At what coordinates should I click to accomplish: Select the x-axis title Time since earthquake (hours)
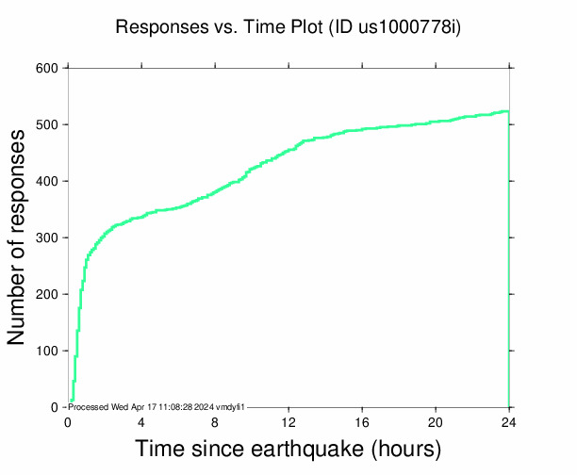click(288, 448)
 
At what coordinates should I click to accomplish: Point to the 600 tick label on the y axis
click(47, 68)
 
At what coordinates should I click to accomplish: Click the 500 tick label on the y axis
click(47, 124)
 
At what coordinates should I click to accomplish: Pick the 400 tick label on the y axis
click(47, 181)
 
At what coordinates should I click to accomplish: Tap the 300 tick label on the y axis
click(47, 237)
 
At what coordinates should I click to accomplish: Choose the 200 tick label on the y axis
click(47, 294)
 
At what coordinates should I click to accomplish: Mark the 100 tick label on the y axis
click(47, 351)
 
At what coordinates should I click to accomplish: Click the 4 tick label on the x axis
click(141, 421)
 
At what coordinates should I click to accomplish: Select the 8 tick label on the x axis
click(215, 421)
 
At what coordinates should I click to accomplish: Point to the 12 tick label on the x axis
click(288, 421)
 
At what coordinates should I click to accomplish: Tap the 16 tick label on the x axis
click(362, 421)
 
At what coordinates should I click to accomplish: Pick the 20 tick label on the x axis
click(436, 421)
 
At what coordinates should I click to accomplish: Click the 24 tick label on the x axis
click(509, 421)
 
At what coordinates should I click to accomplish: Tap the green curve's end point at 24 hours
click(508, 111)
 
